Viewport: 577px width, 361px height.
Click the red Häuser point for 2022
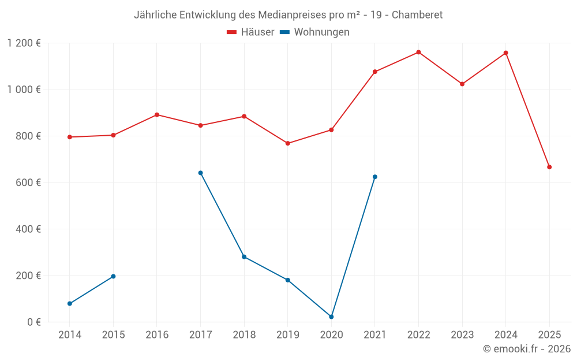[x=418, y=52]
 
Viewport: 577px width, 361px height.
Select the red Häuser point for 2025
[x=549, y=167]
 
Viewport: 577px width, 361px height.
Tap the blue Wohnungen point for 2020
[x=331, y=317]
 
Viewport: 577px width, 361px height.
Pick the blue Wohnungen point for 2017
[x=200, y=173]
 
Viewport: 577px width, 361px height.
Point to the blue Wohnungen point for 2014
[x=70, y=303]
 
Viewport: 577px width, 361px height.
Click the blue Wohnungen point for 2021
[x=375, y=177]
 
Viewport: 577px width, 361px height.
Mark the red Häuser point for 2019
[x=288, y=143]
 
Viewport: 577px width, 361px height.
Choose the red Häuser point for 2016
[x=157, y=114]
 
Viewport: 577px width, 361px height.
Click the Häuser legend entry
[x=250, y=32]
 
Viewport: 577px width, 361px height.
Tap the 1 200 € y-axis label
[x=24, y=43]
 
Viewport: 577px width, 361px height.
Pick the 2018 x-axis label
[x=244, y=335]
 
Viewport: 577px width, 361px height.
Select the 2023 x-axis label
[x=462, y=335]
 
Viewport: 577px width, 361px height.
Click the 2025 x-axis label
[x=549, y=335]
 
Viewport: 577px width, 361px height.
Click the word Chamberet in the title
[x=417, y=15]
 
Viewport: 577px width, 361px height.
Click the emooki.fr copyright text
[x=526, y=349]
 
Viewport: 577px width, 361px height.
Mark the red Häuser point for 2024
[x=506, y=53]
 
